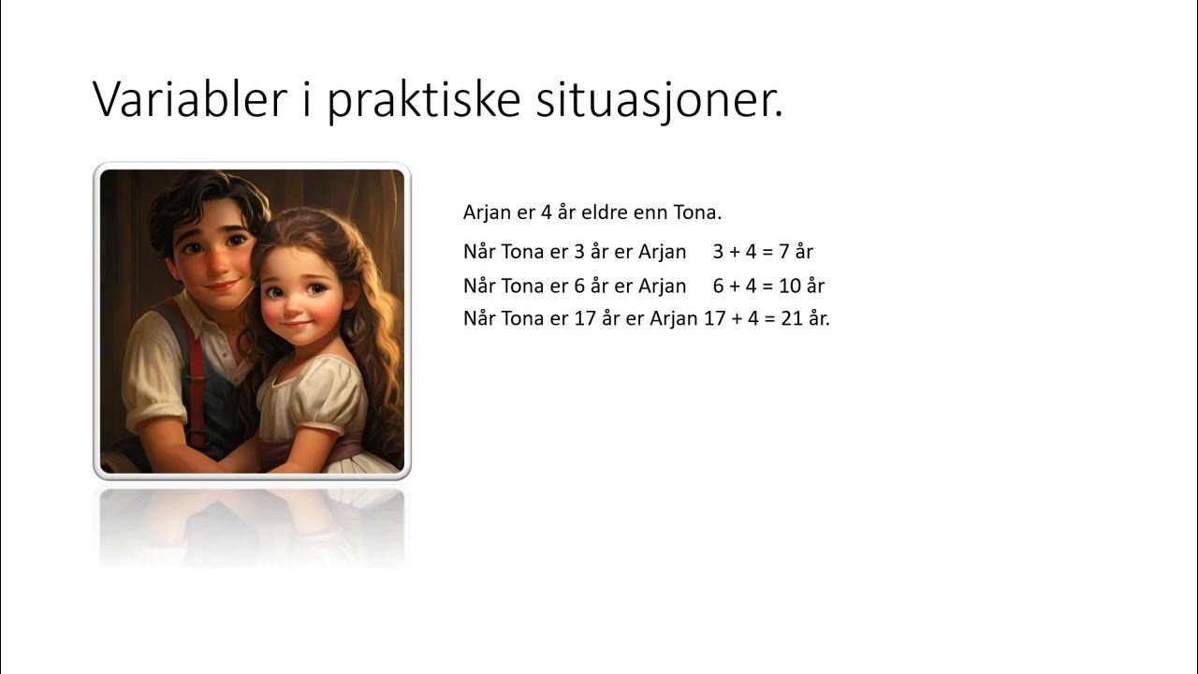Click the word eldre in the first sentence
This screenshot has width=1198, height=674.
[x=605, y=212]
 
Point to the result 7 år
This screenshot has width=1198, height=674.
[x=796, y=252]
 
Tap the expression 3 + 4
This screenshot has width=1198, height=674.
[x=734, y=252]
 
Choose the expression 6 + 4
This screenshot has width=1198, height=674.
[x=734, y=286]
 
